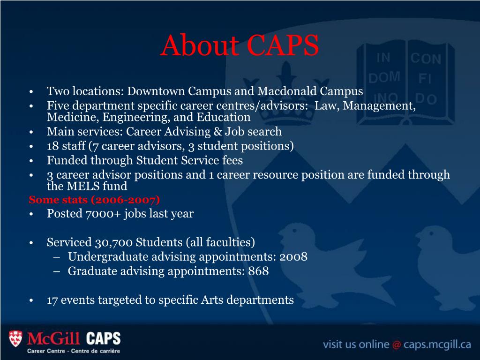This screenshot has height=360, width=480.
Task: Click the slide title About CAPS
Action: [x=240, y=45]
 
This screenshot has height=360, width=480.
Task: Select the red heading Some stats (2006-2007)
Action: [x=94, y=200]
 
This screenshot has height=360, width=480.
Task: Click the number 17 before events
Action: [x=52, y=300]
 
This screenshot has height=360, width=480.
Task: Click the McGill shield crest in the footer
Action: [x=15, y=338]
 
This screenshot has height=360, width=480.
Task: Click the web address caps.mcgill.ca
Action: [x=437, y=345]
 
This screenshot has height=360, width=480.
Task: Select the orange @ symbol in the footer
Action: [x=397, y=345]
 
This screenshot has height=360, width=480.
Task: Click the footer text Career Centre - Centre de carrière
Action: [x=74, y=351]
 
